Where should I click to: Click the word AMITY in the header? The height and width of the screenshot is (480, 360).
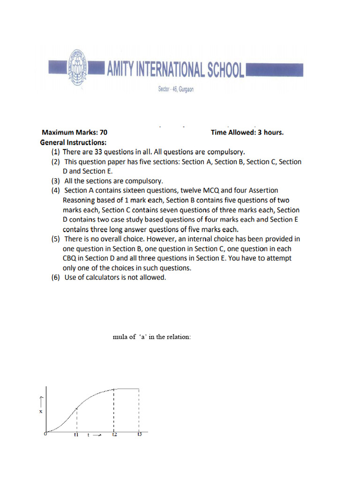click(x=123, y=70)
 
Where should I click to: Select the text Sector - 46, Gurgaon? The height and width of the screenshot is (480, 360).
click(x=175, y=90)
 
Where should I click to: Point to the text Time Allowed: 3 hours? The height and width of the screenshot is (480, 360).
click(x=247, y=132)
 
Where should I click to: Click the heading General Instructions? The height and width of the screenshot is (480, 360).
click(x=74, y=142)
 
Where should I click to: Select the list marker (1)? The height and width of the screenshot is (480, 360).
click(x=56, y=152)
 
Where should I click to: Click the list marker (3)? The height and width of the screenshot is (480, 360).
click(x=56, y=181)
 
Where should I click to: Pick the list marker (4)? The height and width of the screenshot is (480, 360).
click(x=56, y=190)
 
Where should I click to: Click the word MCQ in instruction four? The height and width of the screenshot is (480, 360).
click(x=211, y=190)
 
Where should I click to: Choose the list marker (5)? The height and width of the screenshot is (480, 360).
click(x=56, y=239)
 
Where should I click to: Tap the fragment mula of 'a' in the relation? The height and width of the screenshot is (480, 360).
click(x=152, y=337)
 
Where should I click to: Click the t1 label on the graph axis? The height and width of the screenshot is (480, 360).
click(x=76, y=435)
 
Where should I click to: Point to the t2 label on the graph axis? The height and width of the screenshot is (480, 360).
click(x=114, y=435)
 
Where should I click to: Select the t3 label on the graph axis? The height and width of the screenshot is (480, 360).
click(x=139, y=435)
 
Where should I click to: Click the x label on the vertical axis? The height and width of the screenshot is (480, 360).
click(x=40, y=411)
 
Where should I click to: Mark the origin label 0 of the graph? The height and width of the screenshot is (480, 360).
click(x=45, y=434)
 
